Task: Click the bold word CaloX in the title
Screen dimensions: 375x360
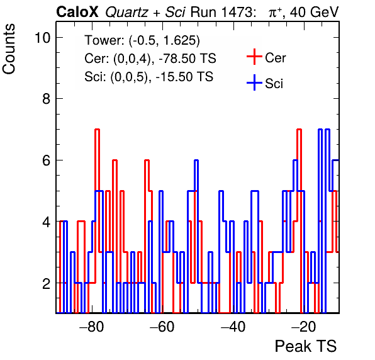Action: pos(77,12)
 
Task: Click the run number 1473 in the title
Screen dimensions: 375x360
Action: pos(237,12)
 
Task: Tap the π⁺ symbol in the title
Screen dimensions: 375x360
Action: pos(275,13)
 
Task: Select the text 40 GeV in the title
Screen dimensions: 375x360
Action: pos(315,12)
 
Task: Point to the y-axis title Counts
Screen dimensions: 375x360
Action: pos(9,49)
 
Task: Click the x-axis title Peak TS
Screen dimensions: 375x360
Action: pos(306,346)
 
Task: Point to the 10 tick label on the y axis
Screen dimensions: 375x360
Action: pos(43,38)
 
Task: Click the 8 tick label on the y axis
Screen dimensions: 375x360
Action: pos(47,99)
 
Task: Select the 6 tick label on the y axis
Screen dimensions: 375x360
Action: pos(47,160)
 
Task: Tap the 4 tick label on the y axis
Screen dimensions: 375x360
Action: pos(47,222)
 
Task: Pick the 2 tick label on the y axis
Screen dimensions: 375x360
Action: pos(47,283)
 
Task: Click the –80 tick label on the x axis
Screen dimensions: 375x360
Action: pos(92,327)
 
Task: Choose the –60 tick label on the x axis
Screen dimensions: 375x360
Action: pos(162,327)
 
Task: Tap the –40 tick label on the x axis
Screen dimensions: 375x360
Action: pos(233,327)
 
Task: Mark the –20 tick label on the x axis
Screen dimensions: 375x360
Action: pos(304,327)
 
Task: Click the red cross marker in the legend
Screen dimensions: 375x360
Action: pos(254,57)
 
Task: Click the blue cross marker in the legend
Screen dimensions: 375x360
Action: pos(254,83)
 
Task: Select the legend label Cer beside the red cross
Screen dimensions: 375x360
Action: pos(276,58)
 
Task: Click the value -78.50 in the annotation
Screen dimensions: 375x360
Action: pos(175,59)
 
